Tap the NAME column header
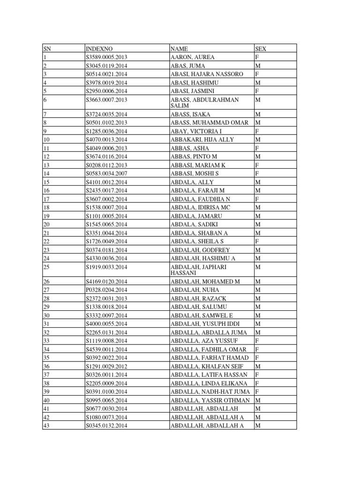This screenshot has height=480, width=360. pyautogui.click(x=180, y=49)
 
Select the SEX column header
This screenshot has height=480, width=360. pyautogui.click(x=261, y=49)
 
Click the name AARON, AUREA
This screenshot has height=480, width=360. pyautogui.click(x=193, y=57)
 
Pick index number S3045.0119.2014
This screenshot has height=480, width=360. pyautogui.click(x=106, y=66)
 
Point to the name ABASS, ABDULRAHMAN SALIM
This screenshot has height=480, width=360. pyautogui.click(x=205, y=103)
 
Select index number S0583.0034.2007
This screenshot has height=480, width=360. pyautogui.click(x=106, y=173)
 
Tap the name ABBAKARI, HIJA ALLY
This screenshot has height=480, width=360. pyautogui.click(x=202, y=140)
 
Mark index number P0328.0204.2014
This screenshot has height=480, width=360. pyautogui.click(x=106, y=290)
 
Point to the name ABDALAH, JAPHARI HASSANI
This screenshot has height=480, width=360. pyautogui.click(x=199, y=270)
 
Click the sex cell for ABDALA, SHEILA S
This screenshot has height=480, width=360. pyautogui.click(x=257, y=241)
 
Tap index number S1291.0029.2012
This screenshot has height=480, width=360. pyautogui.click(x=106, y=366)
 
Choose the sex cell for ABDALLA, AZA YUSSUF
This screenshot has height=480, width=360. pyautogui.click(x=257, y=341)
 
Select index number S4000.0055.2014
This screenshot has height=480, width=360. pyautogui.click(x=106, y=324)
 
